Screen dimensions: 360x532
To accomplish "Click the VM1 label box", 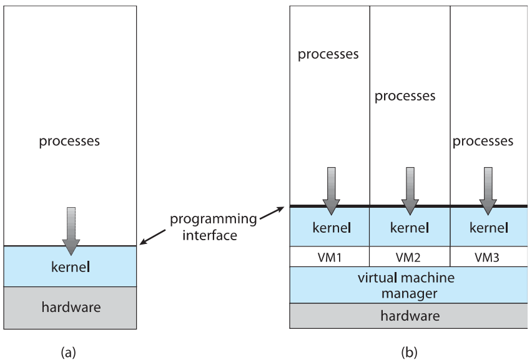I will coord(330,256).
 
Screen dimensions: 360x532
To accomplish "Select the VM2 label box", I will coord(410,256).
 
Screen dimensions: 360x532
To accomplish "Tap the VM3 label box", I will coord(488,256).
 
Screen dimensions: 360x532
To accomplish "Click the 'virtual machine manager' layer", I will coord(409,285).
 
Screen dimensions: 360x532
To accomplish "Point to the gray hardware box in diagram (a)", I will coord(71,308).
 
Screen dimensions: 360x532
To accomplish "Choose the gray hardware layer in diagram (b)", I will coord(409,316).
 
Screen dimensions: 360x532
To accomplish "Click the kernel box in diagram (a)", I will coord(71,267).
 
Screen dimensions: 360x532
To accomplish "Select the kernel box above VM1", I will coord(330,227).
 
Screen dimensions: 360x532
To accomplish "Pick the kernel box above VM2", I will coord(410,227).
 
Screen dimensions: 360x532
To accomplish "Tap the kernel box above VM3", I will coord(488,227).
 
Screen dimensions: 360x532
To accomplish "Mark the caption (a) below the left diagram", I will coord(69,352).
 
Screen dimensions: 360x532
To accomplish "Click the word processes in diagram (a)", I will coord(69,141).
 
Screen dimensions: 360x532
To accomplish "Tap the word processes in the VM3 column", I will coord(483,142).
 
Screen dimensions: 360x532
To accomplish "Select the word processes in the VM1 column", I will coord(328,54).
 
